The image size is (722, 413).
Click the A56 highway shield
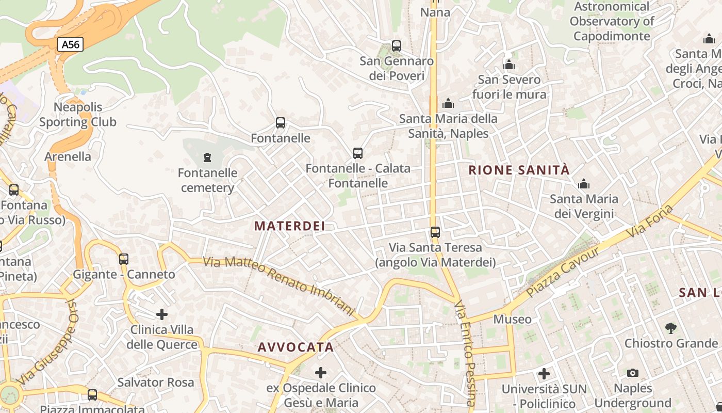point(71,44)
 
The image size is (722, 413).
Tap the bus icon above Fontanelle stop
point(281,123)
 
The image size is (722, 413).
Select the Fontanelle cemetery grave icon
point(207,157)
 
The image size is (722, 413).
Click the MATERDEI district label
point(290,226)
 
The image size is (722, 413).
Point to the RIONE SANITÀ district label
point(519,170)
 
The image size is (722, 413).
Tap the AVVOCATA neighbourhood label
point(296,347)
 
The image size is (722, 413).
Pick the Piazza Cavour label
point(563,272)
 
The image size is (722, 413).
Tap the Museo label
point(512,319)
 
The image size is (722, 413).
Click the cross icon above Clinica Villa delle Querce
point(162,314)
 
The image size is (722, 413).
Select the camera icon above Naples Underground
point(633,373)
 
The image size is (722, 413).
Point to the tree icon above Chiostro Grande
point(670,327)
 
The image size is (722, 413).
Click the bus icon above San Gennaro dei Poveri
point(397,45)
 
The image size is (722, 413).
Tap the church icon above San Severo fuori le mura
point(509,65)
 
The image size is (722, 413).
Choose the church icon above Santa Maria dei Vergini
point(584,184)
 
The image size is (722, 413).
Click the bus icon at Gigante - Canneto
point(124,259)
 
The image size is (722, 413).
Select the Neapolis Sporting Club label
point(78,115)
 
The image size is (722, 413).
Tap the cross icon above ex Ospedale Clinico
point(321,372)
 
